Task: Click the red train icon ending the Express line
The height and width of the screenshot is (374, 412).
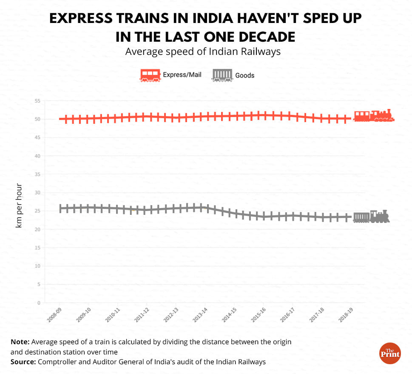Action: tap(373, 116)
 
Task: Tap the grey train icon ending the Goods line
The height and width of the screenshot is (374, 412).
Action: tap(371, 217)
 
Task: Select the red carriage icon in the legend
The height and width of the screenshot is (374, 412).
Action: tap(151, 75)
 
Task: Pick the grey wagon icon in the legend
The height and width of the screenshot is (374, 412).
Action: tap(222, 75)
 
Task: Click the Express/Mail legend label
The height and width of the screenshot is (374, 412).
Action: tap(182, 75)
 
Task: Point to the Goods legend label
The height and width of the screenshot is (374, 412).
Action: tap(245, 75)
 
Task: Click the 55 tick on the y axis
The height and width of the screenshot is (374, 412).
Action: tap(37, 101)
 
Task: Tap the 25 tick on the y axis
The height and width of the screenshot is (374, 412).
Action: tap(37, 211)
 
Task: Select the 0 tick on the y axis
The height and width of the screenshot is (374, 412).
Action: tap(39, 303)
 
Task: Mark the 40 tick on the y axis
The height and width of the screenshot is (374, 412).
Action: tap(37, 156)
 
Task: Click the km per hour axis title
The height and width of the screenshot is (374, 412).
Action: tap(19, 206)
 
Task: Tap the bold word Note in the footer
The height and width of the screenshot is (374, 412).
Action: tap(20, 342)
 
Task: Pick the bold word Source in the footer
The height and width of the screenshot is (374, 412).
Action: tap(23, 362)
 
